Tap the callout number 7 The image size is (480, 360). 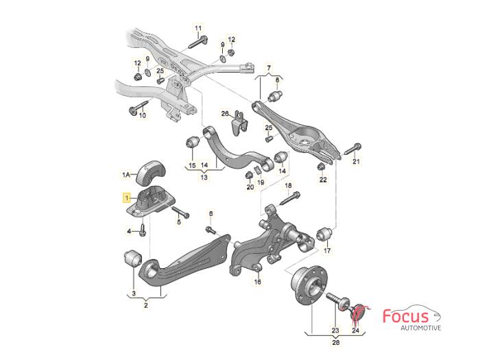coord(269,69)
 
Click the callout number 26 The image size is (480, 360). coord(224,113)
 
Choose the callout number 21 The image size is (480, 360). coord(356,162)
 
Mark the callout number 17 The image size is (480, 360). coord(326,251)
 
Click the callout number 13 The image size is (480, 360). coord(204,177)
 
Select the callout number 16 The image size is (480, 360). coord(258,281)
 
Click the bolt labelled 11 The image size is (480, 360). coord(193,41)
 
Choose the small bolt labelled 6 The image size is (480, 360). coord(211,229)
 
